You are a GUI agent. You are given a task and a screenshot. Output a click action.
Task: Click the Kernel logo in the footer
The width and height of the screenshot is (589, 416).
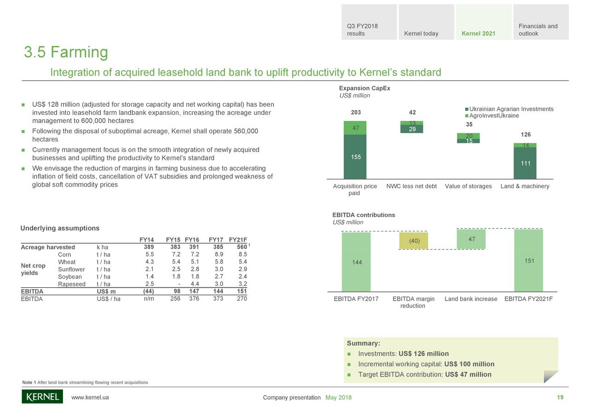[42, 397]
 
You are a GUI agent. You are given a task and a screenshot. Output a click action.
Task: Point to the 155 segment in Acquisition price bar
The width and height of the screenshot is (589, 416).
[355, 157]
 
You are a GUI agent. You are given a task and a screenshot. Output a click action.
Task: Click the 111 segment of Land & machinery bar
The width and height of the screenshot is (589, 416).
[525, 163]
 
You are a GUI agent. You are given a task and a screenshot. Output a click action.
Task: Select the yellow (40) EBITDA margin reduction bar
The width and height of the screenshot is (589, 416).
[413, 241]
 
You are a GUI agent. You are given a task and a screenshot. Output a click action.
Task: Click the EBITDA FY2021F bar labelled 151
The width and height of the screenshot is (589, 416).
[528, 261]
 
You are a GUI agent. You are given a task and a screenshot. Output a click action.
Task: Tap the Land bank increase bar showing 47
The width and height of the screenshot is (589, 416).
[471, 239]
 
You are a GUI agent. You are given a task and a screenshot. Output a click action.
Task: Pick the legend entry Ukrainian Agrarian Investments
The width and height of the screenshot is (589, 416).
[511, 109]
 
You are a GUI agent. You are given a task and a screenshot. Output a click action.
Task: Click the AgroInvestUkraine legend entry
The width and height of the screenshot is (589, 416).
[494, 116]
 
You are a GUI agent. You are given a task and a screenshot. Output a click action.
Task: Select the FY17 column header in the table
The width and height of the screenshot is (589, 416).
[216, 239]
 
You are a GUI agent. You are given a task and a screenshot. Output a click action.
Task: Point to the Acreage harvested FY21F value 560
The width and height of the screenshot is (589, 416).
[241, 247]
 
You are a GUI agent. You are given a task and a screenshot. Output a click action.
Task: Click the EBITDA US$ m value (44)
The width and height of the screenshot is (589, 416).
[148, 291]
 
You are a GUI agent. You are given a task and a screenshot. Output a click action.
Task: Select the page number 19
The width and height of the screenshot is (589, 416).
[560, 398]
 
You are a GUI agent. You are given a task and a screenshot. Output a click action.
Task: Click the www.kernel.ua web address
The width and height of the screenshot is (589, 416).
[90, 398]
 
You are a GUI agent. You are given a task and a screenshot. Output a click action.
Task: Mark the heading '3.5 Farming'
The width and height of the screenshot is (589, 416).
[66, 52]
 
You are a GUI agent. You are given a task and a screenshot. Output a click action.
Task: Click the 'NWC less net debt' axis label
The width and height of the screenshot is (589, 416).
[411, 186]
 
